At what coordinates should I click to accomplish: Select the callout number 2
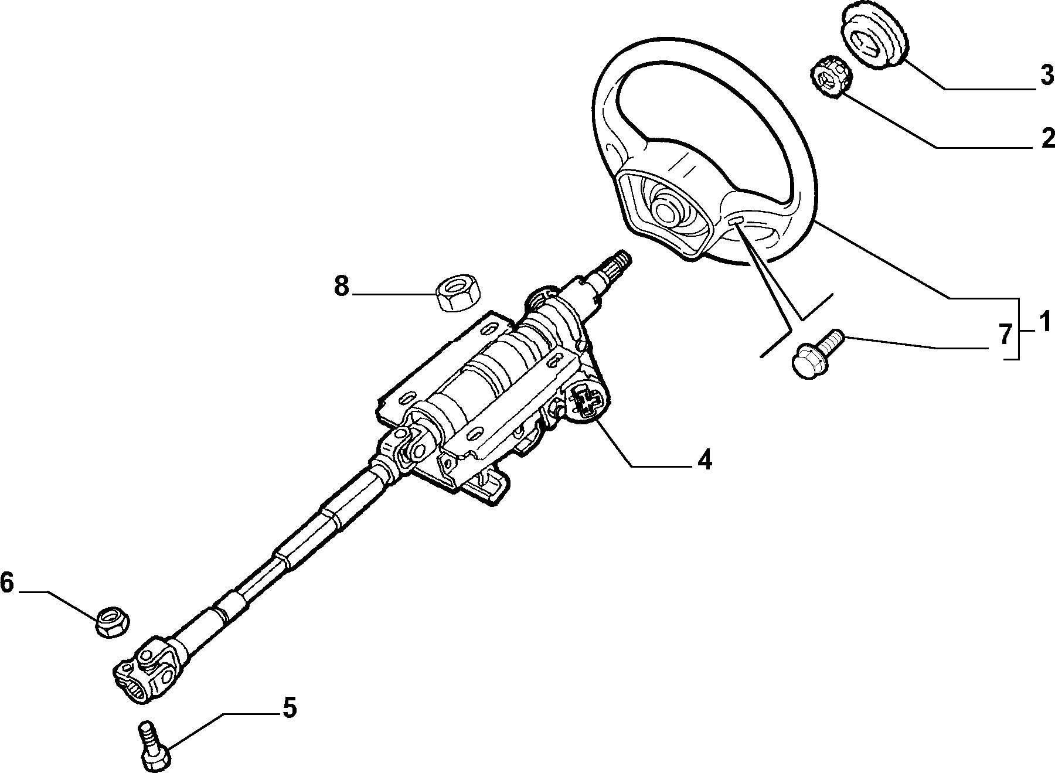tap(1047, 138)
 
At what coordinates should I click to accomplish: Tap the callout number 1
tap(1044, 322)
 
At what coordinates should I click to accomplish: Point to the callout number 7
tap(1005, 335)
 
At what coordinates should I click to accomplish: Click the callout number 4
tap(705, 459)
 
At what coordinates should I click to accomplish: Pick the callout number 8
tap(342, 287)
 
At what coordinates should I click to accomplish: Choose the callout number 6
tap(6, 583)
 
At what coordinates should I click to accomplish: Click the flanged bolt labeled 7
tap(816, 353)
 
